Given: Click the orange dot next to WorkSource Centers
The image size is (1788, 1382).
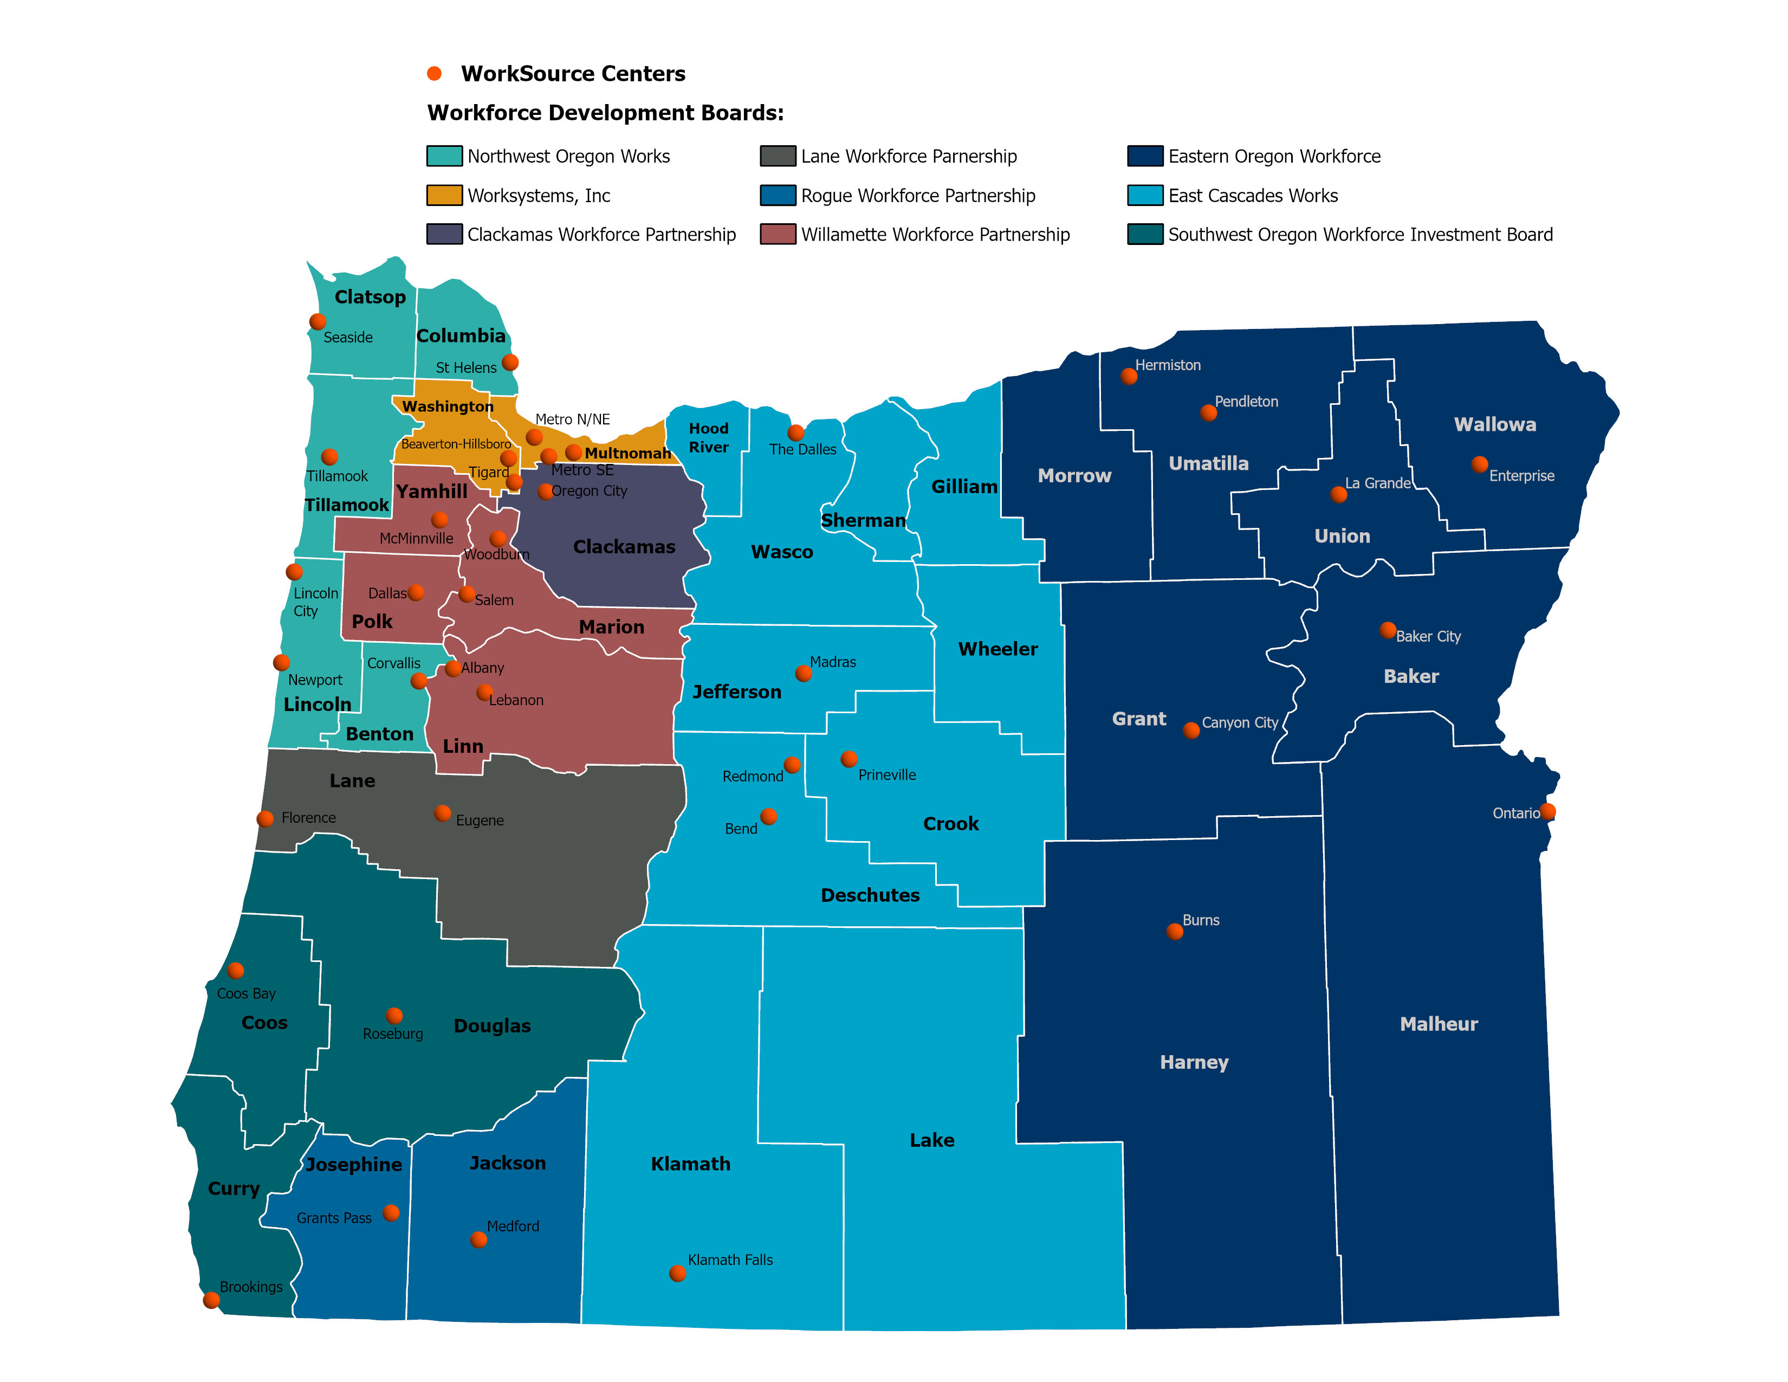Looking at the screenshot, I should (x=435, y=74).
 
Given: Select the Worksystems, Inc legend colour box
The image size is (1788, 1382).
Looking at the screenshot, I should (x=444, y=196).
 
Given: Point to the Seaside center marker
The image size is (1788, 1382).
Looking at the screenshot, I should (x=318, y=322).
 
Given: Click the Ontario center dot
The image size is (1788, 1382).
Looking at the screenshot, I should (x=1547, y=811).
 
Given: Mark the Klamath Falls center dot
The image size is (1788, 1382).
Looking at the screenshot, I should (x=677, y=1273).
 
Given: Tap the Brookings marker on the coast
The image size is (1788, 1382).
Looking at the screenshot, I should (x=211, y=1300).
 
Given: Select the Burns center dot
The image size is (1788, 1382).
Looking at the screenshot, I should (x=1175, y=932).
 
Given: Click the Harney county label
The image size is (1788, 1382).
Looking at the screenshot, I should (x=1194, y=1063).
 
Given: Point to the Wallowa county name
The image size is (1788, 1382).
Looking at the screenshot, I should (x=1495, y=425).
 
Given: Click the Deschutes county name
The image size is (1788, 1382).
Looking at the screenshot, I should (x=870, y=896).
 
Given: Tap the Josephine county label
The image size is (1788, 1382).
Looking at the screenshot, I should (x=354, y=1165).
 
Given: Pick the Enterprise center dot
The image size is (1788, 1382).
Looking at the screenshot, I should (x=1479, y=464).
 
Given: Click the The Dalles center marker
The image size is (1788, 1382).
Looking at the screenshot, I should (x=796, y=432).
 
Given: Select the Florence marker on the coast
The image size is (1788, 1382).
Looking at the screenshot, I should (x=265, y=819).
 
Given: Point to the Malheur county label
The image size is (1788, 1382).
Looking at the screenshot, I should (x=1439, y=1024).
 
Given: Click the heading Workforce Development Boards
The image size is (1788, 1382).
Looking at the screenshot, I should (x=605, y=113).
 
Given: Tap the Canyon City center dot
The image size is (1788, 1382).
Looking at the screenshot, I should (x=1191, y=731).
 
